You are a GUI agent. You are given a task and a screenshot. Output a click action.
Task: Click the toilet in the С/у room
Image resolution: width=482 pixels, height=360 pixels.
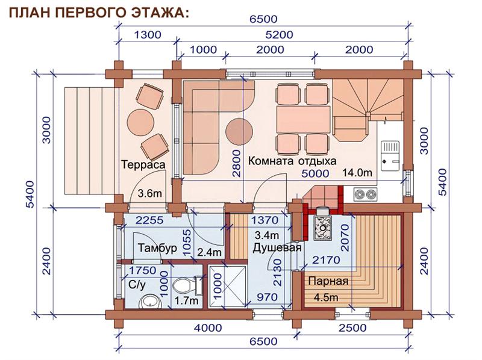[x=186, y=285]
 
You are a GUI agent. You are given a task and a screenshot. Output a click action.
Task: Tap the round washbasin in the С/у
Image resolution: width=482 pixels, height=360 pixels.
[x=150, y=302]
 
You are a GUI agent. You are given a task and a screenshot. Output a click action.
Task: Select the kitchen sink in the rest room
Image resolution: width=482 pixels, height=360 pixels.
[x=390, y=155]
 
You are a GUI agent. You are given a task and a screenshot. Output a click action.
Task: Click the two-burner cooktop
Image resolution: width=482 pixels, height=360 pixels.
[x=365, y=194]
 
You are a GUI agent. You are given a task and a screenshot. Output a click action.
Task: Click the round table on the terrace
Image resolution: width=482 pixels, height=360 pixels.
[x=141, y=122]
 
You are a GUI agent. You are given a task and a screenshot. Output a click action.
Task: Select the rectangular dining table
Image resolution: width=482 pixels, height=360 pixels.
[x=303, y=119]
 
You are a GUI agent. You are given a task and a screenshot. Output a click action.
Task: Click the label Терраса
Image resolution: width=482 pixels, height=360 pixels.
[x=143, y=164]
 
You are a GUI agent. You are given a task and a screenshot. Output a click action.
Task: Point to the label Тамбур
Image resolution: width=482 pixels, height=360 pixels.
[x=157, y=247]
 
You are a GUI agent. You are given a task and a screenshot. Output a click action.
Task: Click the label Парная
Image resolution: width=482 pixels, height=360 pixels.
[x=328, y=281]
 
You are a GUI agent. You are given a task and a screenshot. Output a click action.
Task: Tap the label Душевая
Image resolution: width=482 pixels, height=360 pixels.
[x=277, y=247]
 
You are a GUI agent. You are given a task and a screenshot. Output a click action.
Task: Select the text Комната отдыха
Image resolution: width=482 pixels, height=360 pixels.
[x=292, y=161]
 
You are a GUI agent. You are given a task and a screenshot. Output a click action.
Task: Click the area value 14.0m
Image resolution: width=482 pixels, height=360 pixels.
[x=357, y=173]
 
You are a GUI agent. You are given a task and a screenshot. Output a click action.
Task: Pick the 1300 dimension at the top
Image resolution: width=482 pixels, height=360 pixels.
[x=148, y=35]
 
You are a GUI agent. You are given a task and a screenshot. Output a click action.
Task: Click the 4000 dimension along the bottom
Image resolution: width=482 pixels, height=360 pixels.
[x=208, y=327]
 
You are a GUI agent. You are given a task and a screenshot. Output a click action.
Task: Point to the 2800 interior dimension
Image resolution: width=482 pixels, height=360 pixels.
[x=237, y=163]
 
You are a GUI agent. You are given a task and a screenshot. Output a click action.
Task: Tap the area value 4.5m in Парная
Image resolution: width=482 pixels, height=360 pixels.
[x=326, y=297]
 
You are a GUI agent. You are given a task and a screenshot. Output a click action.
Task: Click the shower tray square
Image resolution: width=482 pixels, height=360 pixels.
[x=228, y=287]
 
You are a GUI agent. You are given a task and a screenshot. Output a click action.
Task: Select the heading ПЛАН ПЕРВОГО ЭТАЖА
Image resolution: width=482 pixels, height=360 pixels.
[x=99, y=12]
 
